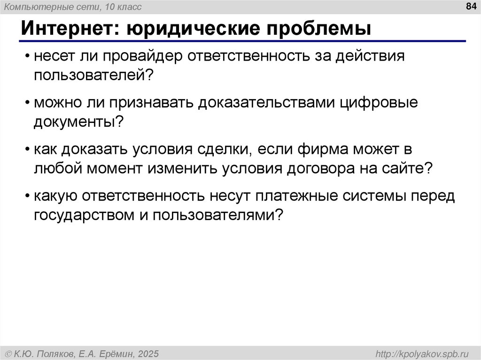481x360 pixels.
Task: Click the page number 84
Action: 470,7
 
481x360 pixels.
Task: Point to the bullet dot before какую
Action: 29,198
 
